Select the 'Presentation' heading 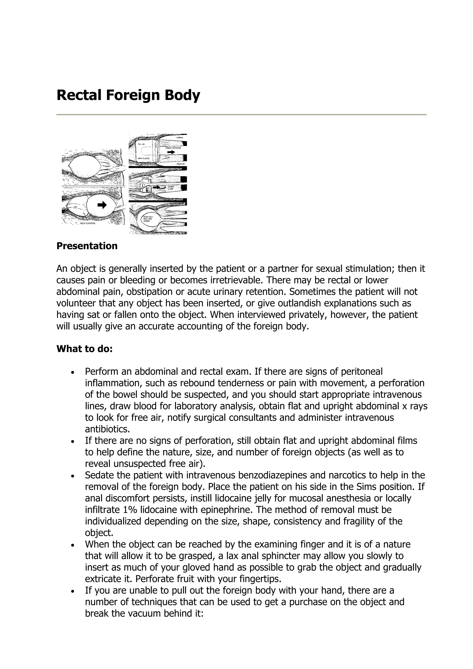[x=87, y=246]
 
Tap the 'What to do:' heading [x=85, y=349]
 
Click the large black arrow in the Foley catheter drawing [x=102, y=205]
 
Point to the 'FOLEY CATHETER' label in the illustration [x=88, y=223]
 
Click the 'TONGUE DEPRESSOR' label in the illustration [x=173, y=148]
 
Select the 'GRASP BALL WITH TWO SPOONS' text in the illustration [x=147, y=219]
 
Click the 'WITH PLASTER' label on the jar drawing [x=144, y=158]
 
